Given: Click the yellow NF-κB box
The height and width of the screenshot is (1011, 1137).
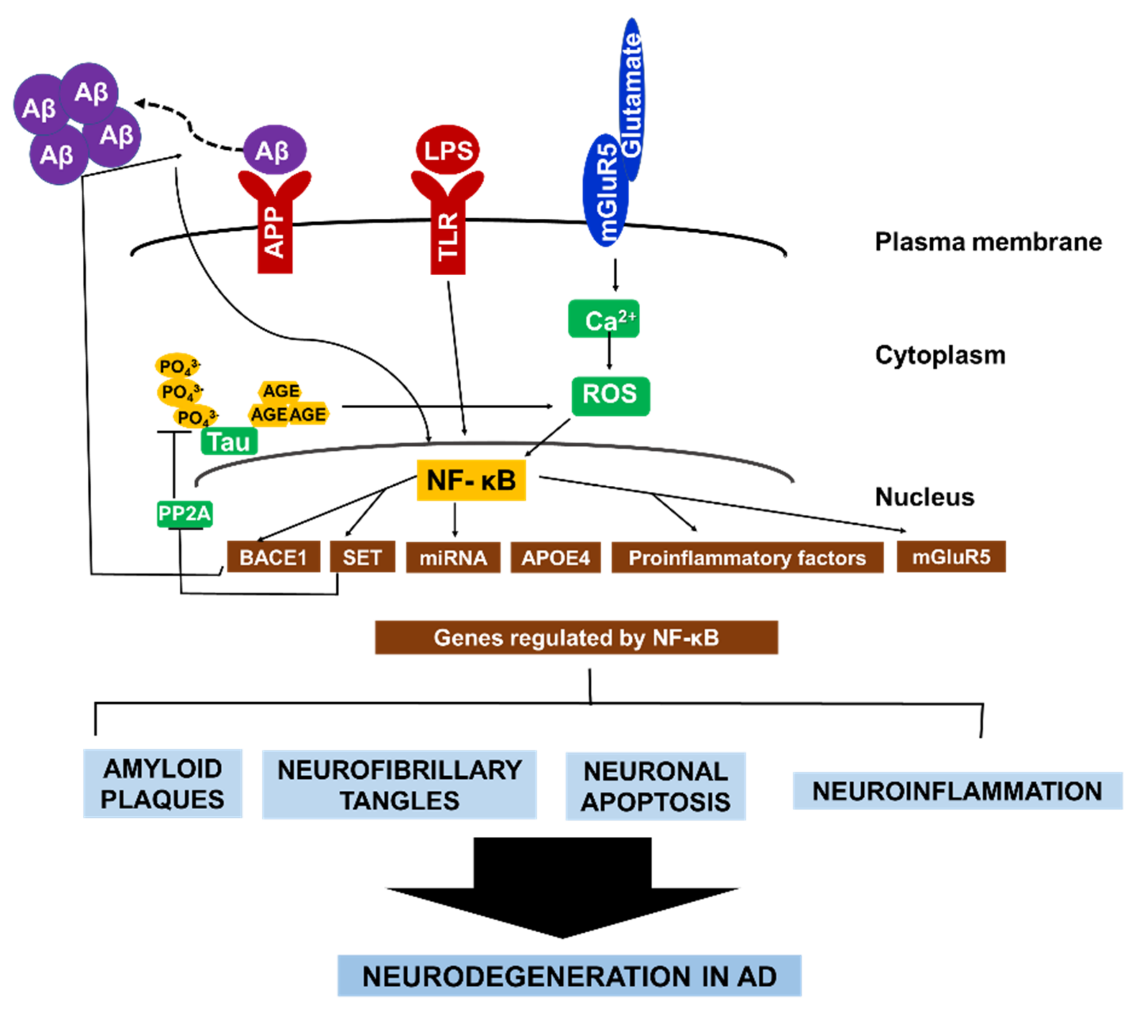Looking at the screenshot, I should pyautogui.click(x=471, y=480).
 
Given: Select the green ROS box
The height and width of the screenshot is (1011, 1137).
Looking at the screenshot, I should pyautogui.click(x=610, y=396).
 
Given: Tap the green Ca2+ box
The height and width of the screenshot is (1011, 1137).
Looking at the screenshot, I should pyautogui.click(x=604, y=319).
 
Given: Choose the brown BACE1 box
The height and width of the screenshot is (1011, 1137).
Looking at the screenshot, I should pyautogui.click(x=273, y=557).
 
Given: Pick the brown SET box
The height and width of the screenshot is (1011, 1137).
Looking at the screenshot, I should pyautogui.click(x=362, y=557).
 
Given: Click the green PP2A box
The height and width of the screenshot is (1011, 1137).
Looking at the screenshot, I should pyautogui.click(x=184, y=513).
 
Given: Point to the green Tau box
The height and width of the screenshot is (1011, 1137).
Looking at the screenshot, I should pyautogui.click(x=229, y=442).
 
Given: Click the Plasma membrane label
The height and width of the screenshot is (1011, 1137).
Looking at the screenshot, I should pyautogui.click(x=988, y=242).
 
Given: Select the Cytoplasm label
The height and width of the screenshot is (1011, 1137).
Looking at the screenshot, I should pyautogui.click(x=940, y=355).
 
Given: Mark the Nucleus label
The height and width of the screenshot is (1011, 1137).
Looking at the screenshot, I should pyautogui.click(x=924, y=497).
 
